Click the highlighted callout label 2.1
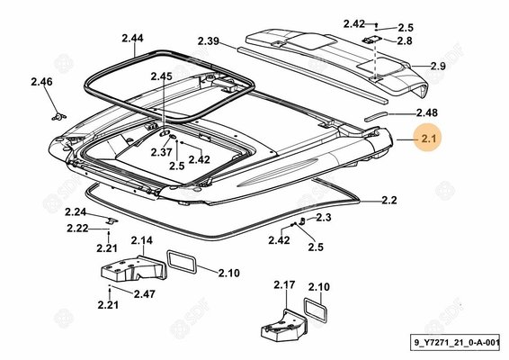[429, 139]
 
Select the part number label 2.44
[132, 39]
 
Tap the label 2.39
[209, 41]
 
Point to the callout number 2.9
[438, 67]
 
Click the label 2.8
[405, 40]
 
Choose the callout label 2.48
[427, 112]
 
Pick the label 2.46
[41, 82]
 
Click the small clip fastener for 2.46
[58, 117]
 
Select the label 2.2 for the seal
[388, 200]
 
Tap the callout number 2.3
[324, 217]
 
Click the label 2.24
[76, 212]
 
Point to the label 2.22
[77, 229]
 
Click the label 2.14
[142, 241]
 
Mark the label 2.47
[145, 294]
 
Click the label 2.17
[284, 285]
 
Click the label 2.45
[161, 76]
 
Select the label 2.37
[161, 152]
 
